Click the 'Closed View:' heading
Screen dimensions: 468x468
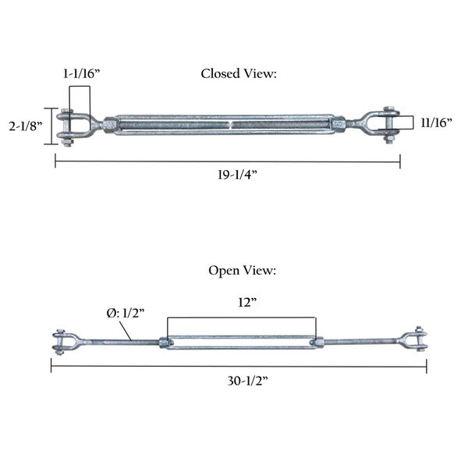[239, 74]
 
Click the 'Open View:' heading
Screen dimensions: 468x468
[242, 271]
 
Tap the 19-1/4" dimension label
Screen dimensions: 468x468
[237, 174]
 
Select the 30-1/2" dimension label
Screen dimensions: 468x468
[248, 381]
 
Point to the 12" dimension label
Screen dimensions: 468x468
[247, 303]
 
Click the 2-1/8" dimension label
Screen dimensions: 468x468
[26, 126]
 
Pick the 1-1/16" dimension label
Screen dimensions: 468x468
[81, 73]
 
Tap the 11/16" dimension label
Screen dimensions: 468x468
[436, 122]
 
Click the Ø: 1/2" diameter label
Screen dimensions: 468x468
[126, 313]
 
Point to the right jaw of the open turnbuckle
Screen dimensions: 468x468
[413, 339]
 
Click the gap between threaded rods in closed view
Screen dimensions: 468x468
[232, 125]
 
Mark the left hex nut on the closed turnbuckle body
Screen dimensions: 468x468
[109, 126]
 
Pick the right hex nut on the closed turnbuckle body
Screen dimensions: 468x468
[339, 124]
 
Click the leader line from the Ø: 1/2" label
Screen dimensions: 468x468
[126, 331]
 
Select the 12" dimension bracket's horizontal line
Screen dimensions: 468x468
[242, 317]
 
